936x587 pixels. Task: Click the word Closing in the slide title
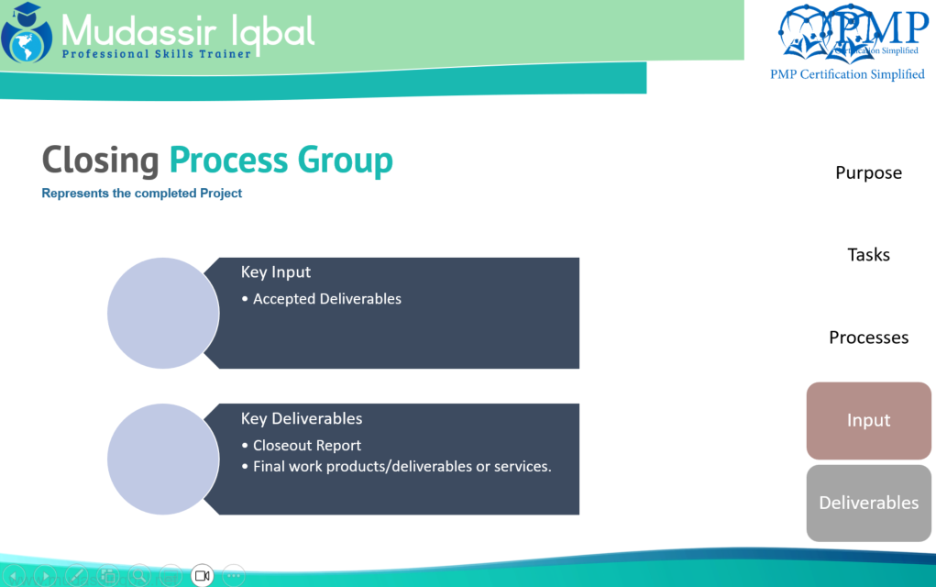pyautogui.click(x=100, y=160)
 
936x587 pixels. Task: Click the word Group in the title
pyautogui.click(x=345, y=160)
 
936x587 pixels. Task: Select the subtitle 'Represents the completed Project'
pyautogui.click(x=141, y=194)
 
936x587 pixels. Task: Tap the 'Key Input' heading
pyautogui.click(x=276, y=272)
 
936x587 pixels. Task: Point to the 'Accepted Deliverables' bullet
pyautogui.click(x=321, y=299)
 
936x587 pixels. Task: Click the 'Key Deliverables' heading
pyautogui.click(x=302, y=418)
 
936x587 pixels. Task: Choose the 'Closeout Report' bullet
pyautogui.click(x=301, y=446)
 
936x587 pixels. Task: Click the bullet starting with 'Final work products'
pyautogui.click(x=396, y=466)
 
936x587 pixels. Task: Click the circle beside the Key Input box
pyautogui.click(x=163, y=313)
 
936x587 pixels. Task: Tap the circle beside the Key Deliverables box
pyautogui.click(x=163, y=460)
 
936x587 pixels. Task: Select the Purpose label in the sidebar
pyautogui.click(x=868, y=173)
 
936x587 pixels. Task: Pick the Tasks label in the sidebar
pyautogui.click(x=868, y=255)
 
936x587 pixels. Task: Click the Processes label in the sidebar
pyautogui.click(x=868, y=338)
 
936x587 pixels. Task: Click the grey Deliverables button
pyautogui.click(x=868, y=504)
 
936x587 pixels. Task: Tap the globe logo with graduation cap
pyautogui.click(x=27, y=33)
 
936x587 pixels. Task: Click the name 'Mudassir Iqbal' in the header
pyautogui.click(x=188, y=31)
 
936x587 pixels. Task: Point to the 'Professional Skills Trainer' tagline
pyautogui.click(x=157, y=54)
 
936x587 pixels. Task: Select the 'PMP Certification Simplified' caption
pyautogui.click(x=847, y=74)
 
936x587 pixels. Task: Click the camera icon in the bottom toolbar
pyautogui.click(x=203, y=576)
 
